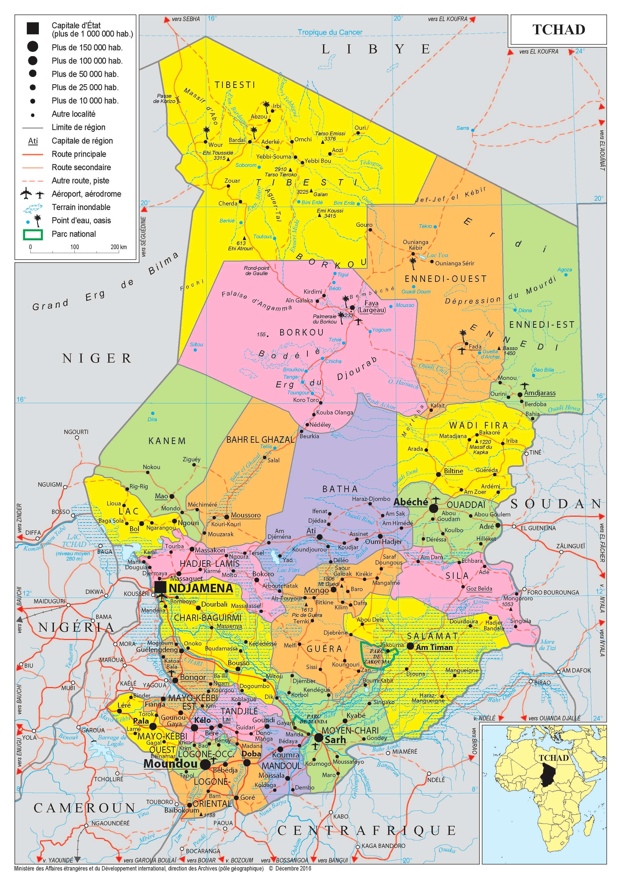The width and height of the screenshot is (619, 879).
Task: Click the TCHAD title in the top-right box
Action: click(x=559, y=30)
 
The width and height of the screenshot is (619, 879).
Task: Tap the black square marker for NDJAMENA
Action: click(x=160, y=587)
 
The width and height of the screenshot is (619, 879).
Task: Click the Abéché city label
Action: click(x=410, y=502)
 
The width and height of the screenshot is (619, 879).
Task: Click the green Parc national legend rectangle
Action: click(x=33, y=234)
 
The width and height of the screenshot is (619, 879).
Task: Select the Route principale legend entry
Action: click(x=79, y=154)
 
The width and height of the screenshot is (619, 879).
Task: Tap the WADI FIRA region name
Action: click(x=478, y=425)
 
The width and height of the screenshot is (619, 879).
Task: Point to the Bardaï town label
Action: click(x=237, y=140)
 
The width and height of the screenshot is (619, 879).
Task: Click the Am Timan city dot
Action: click(x=410, y=646)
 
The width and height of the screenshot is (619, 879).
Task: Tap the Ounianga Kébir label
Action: click(x=415, y=245)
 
